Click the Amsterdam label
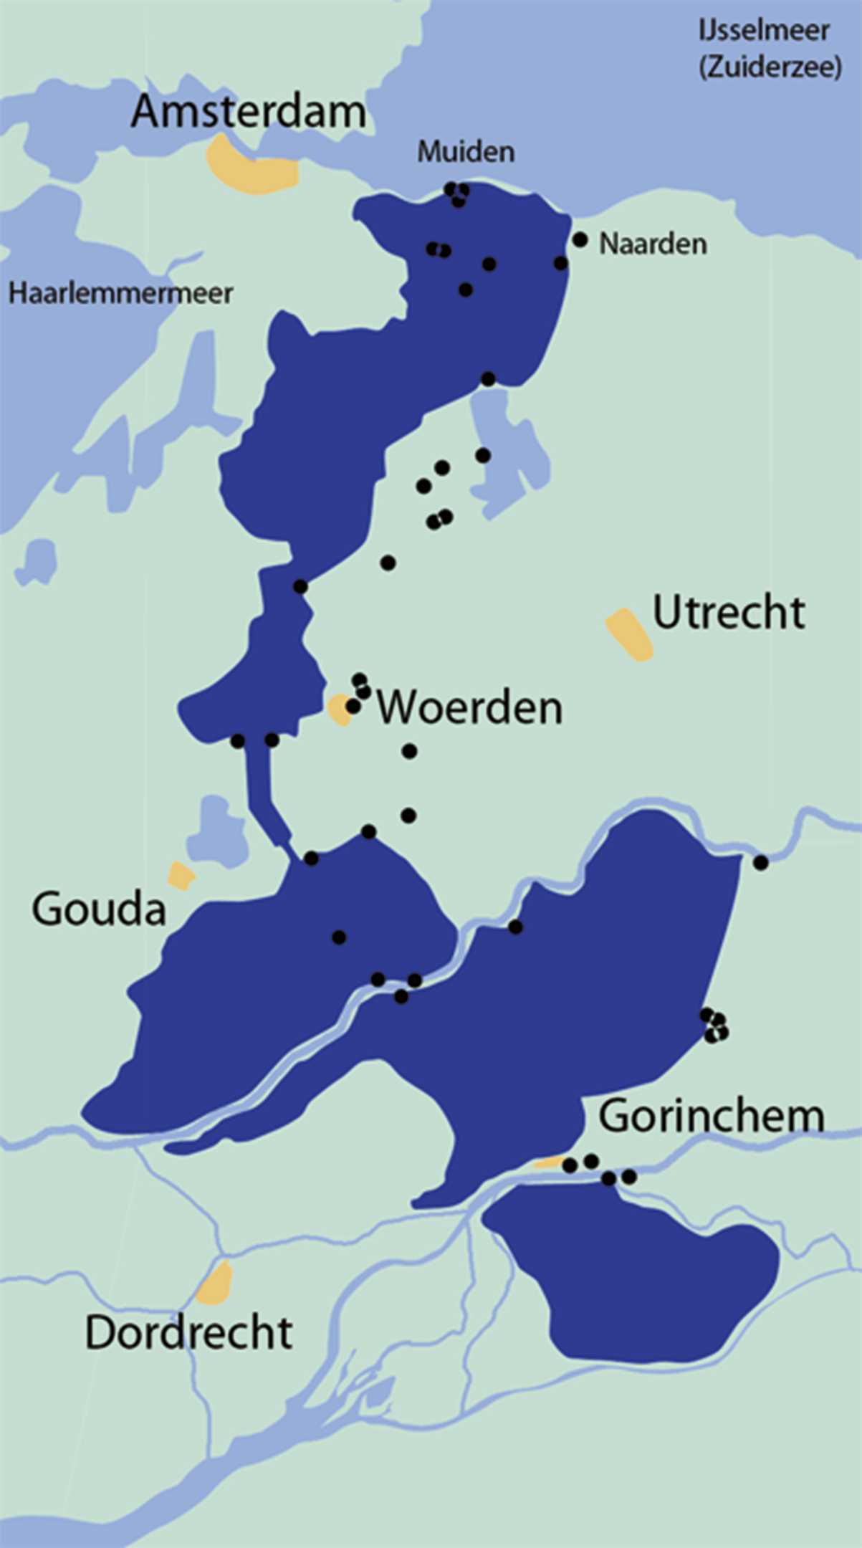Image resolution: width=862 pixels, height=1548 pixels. point(248,113)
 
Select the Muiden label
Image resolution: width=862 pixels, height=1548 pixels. point(466,152)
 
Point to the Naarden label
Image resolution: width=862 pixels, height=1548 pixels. point(653,244)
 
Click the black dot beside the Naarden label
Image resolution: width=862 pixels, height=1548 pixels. point(580,239)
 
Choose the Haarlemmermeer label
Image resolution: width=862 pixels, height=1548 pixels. point(120,293)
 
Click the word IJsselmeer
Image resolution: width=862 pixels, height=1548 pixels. point(764,31)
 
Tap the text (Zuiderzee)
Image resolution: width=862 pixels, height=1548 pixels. point(770,67)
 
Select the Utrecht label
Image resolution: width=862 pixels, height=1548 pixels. point(729,613)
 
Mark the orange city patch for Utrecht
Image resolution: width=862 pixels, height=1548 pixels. point(629,634)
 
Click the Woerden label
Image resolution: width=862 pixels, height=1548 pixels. point(469,708)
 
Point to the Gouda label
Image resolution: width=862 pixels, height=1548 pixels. point(99,909)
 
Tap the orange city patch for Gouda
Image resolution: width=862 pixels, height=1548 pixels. point(181,876)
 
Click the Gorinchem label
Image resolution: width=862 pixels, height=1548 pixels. point(711,1117)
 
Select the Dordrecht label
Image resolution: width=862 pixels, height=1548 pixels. point(188,1332)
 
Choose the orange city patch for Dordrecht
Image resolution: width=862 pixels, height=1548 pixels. point(215,1283)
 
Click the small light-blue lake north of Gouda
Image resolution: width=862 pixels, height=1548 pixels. point(217,831)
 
